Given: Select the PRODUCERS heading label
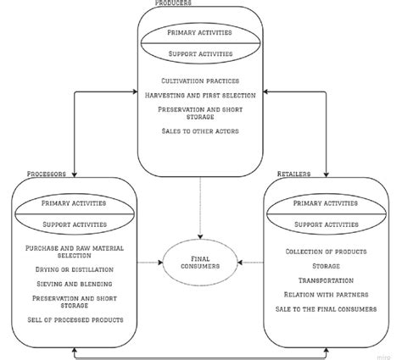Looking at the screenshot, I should (173, 3).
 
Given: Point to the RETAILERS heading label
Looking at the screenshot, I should (294, 174).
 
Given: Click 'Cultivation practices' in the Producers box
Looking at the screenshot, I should (200, 80).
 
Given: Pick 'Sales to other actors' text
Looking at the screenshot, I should (200, 131).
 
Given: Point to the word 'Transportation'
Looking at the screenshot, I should (325, 279).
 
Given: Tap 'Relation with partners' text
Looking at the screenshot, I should (325, 295).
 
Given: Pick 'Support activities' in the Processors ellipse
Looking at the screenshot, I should (74, 224).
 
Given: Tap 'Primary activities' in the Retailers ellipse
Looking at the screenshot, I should (325, 203).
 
